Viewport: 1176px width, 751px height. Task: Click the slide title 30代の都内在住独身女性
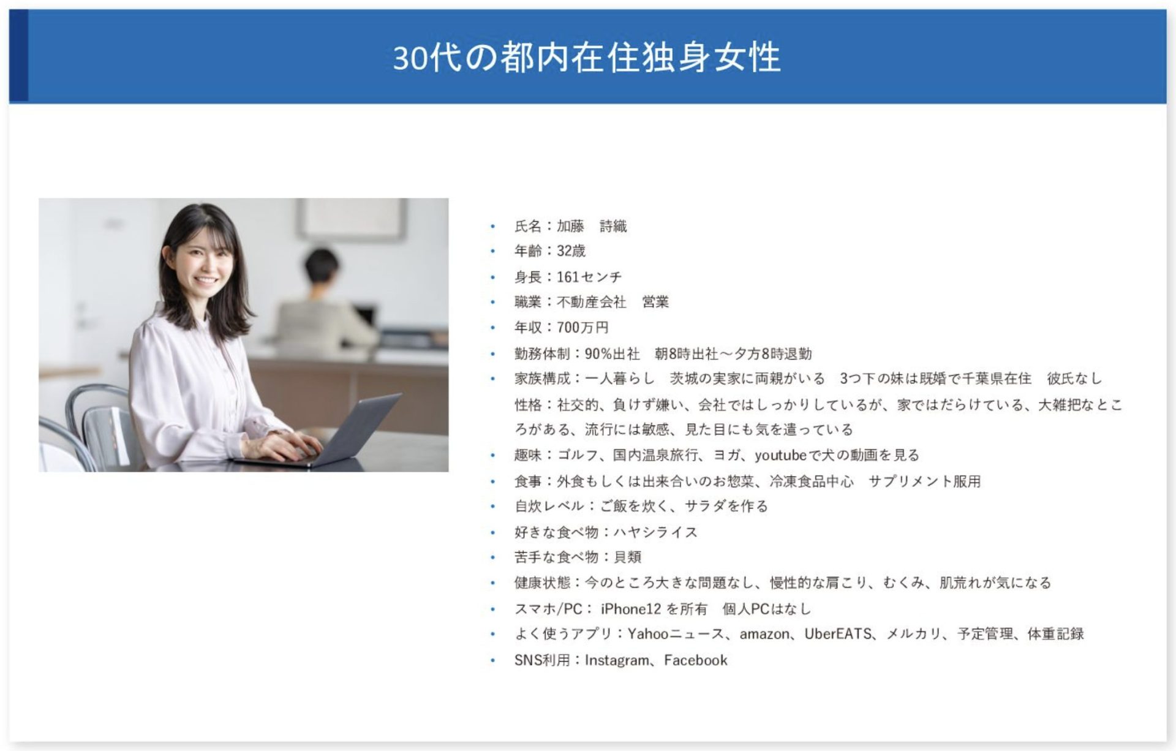587,58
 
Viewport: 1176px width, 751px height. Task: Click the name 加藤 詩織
592,227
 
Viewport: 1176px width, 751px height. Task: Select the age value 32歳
571,251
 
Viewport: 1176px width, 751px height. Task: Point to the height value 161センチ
589,277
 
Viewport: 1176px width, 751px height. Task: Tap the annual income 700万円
582,328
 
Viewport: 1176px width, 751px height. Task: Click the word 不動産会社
592,302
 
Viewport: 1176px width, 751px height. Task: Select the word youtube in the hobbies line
781,456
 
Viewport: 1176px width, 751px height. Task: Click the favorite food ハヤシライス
656,532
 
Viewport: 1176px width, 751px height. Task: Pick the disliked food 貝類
628,557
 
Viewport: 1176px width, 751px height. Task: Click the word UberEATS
838,634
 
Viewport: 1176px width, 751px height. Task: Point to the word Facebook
696,660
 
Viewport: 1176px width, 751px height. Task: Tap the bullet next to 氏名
492,227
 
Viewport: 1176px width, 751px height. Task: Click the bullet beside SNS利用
492,660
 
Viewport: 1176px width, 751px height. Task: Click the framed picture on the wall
352,219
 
